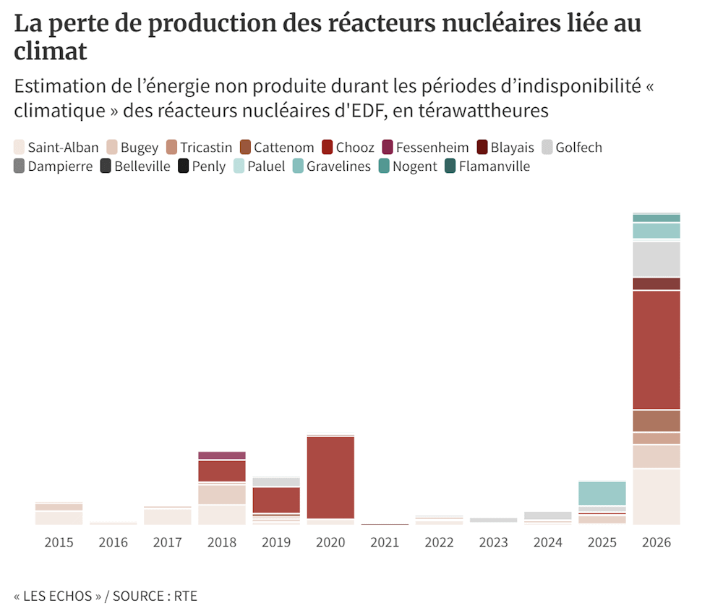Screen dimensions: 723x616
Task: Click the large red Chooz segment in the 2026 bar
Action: pos(656,350)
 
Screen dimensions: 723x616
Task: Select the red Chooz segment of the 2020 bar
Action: pos(330,478)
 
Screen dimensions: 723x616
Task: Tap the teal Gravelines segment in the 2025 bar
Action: pos(602,493)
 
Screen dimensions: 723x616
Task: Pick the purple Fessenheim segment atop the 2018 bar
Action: pos(222,455)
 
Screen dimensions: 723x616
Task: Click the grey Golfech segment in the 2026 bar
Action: pos(656,259)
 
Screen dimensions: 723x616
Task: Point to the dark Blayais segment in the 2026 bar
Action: pos(656,284)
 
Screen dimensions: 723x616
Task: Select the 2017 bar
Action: pos(168,516)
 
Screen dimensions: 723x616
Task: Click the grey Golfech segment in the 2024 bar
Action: pos(548,516)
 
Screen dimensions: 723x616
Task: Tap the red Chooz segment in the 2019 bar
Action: pos(276,500)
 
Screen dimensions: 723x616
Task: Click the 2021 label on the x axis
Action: pos(385,542)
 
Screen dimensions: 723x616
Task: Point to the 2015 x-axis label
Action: pos(59,542)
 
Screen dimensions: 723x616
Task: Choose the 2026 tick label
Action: pos(656,542)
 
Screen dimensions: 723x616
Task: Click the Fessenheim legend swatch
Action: pos(388,148)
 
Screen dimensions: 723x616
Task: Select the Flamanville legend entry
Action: pos(487,166)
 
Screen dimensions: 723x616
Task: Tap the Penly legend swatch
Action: pos(183,166)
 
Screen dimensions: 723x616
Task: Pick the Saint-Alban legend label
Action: pos(63,148)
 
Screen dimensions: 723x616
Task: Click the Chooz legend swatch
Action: pos(327,148)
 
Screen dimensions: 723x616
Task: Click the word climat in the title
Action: pos(51,51)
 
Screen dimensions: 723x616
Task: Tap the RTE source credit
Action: pos(185,596)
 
